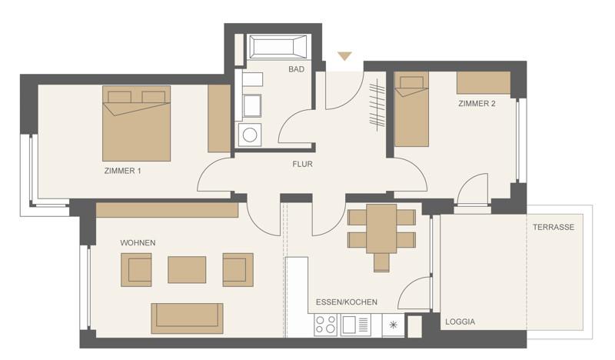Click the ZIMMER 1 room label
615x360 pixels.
tap(122, 171)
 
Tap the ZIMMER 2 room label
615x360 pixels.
tap(477, 103)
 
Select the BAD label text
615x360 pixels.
tap(296, 69)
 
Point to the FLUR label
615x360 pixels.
tap(302, 164)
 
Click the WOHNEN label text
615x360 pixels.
tap(138, 243)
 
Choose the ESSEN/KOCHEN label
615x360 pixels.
tap(346, 302)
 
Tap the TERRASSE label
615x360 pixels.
tap(553, 228)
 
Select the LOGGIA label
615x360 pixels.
tap(460, 322)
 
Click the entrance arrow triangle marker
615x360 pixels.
tap(344, 56)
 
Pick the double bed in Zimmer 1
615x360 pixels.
tap(136, 123)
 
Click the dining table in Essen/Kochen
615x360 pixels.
tap(381, 228)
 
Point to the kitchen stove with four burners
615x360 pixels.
tap(326, 326)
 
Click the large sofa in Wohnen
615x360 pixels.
tap(187, 317)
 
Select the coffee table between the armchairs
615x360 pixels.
tap(187, 269)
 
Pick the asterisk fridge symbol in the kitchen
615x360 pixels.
tap(393, 326)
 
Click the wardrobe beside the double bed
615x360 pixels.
tap(219, 118)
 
